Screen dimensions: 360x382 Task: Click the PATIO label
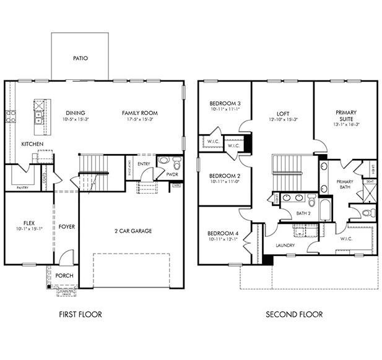click(80, 58)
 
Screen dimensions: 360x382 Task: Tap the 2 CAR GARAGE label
click(132, 231)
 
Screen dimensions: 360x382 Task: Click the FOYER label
click(66, 226)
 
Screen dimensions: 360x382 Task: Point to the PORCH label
click(64, 275)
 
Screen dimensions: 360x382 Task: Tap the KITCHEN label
click(32, 144)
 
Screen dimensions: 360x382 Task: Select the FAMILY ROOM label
click(139, 113)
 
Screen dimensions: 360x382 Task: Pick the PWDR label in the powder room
click(172, 174)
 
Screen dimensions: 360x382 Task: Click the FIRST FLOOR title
click(80, 314)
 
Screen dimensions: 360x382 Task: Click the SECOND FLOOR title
click(294, 314)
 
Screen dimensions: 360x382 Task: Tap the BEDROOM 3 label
click(225, 103)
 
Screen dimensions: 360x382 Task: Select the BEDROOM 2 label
click(225, 175)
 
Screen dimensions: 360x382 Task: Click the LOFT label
click(283, 113)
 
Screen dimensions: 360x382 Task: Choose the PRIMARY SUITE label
click(346, 116)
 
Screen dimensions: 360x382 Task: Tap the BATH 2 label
click(303, 213)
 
